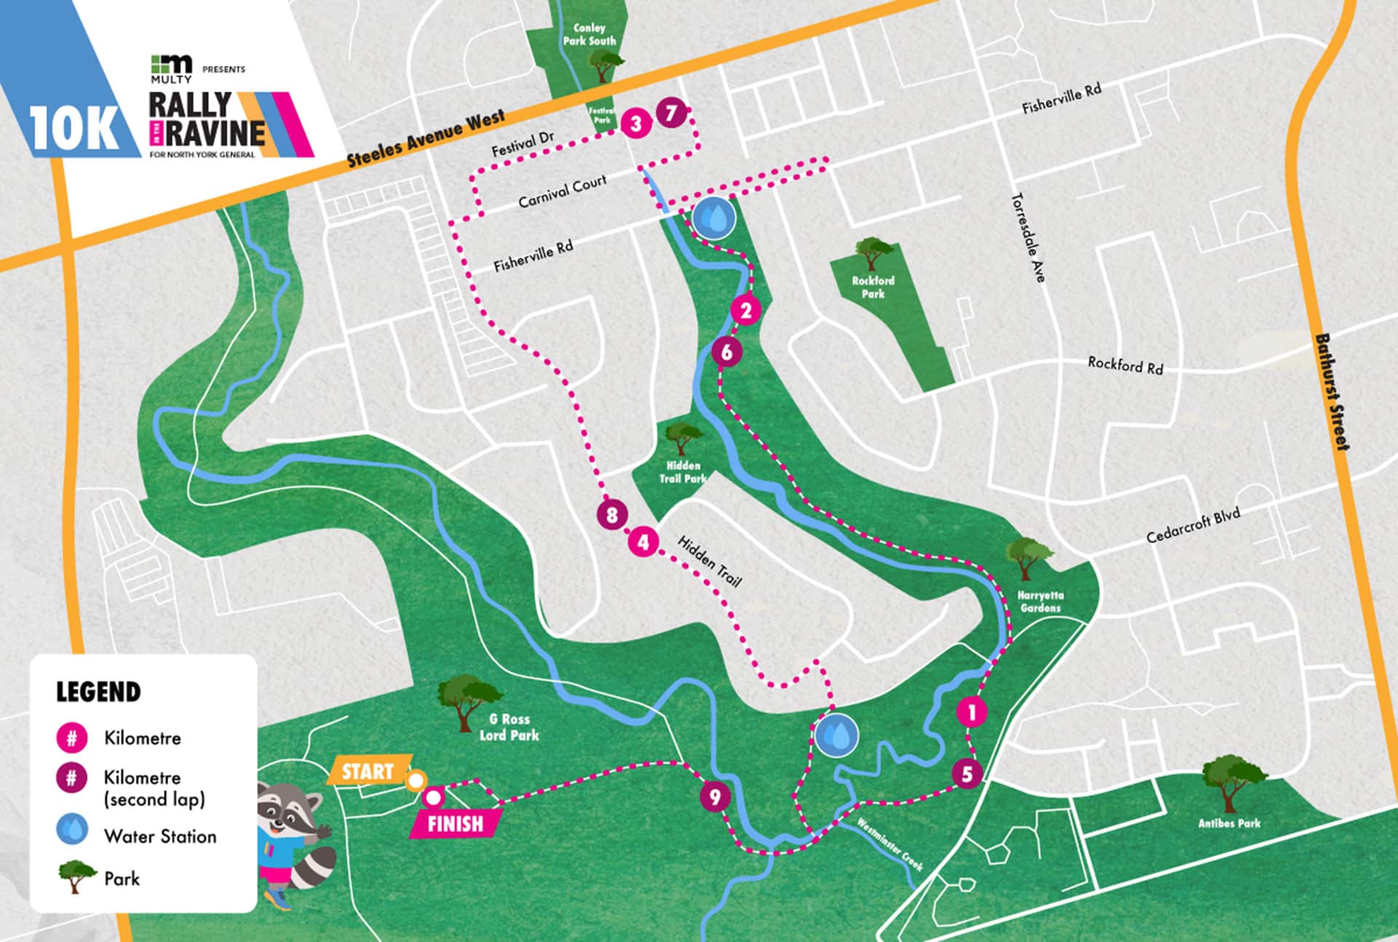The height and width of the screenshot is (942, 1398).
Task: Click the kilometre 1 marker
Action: (x=971, y=712)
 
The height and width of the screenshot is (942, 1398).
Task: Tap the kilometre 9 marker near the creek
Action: (x=715, y=796)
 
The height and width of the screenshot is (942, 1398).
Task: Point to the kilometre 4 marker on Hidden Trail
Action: (x=643, y=542)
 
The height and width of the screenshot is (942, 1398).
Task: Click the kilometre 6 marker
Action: (x=727, y=352)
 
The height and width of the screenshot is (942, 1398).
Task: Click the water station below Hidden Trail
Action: (x=836, y=736)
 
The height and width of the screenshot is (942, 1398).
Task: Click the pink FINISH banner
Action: (x=455, y=824)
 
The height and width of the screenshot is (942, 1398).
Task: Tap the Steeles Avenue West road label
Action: (x=425, y=139)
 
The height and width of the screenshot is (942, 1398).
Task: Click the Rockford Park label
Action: (x=873, y=287)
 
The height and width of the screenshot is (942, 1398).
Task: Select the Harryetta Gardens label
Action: (x=1040, y=601)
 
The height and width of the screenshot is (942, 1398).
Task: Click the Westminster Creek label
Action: (x=890, y=844)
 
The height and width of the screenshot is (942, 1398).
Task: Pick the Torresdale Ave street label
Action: (x=1028, y=237)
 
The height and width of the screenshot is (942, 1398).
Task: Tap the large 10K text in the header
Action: (x=74, y=130)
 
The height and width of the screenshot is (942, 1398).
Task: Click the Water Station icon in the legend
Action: (x=72, y=829)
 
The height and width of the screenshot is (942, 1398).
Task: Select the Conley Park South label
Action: (x=589, y=34)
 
